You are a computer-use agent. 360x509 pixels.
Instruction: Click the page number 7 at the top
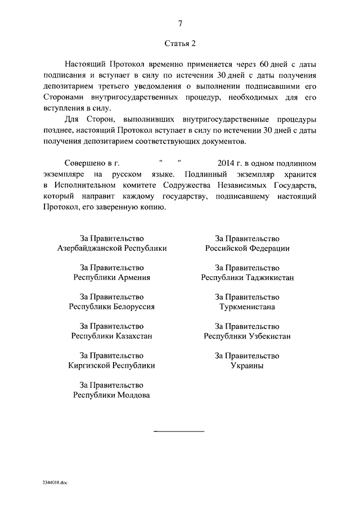[180, 23]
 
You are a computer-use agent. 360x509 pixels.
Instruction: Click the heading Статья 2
[180, 43]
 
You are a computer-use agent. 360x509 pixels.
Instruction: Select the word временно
[154, 65]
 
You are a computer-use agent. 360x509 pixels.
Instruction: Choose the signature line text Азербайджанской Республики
[112, 248]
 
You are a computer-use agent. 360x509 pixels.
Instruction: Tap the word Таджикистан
[270, 277]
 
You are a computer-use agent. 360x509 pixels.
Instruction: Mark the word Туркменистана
[247, 307]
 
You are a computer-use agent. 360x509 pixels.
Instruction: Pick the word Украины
[247, 365]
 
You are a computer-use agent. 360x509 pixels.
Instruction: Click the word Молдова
[134, 395]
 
